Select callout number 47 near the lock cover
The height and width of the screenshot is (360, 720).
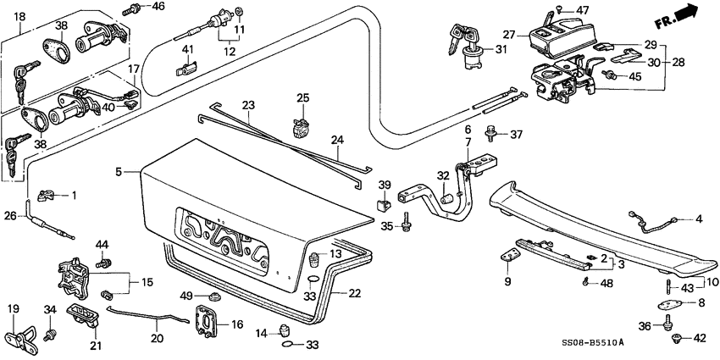pos(582,9)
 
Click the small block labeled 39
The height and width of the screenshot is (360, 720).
pos(384,204)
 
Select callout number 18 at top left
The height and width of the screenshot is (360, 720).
pos(19,16)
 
